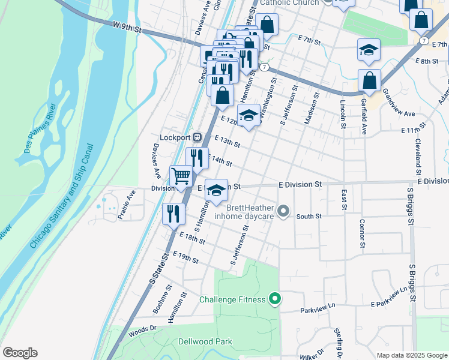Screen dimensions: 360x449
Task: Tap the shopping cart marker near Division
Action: [181, 176]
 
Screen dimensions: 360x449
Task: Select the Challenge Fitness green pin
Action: [276, 298]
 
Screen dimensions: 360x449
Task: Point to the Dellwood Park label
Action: [205, 341]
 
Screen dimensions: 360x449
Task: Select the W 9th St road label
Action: [126, 27]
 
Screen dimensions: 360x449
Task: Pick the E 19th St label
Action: [185, 257]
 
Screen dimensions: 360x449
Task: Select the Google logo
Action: [20, 353]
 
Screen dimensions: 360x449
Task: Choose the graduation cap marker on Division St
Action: [217, 190]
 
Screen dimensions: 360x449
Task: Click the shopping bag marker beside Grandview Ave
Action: [370, 80]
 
